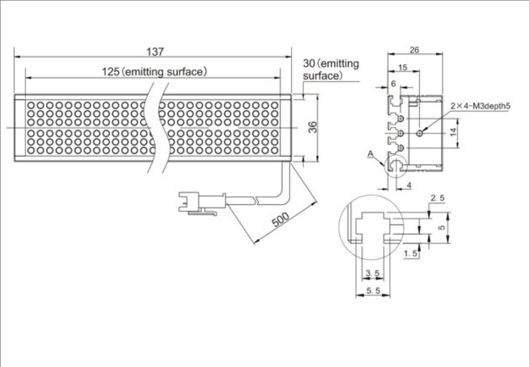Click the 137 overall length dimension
coord(154,51)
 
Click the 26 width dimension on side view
coord(414,50)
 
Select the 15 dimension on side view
coord(403,67)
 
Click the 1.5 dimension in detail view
coord(411,254)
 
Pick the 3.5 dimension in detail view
coord(372,274)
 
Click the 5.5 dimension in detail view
coord(372,291)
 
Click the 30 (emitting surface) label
coord(331,69)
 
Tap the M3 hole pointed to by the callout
coord(419,133)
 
